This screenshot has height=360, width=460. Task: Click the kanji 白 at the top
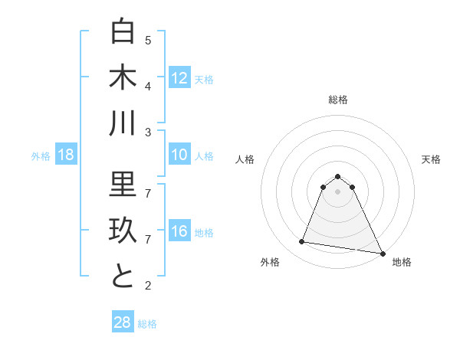click(x=123, y=31)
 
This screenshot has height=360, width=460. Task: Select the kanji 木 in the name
click(x=123, y=77)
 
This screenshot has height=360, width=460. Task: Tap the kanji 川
click(x=123, y=123)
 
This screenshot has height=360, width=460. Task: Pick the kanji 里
click(x=123, y=185)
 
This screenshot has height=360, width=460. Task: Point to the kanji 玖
click(x=123, y=231)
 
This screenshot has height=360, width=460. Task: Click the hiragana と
click(x=123, y=276)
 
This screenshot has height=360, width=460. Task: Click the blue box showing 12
click(x=179, y=78)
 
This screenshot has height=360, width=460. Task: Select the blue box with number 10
click(x=179, y=155)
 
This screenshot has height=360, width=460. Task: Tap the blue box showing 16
click(x=179, y=232)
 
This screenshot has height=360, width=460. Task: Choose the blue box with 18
click(x=66, y=155)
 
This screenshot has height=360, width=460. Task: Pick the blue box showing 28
click(x=123, y=322)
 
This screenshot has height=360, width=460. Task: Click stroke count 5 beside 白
click(x=148, y=40)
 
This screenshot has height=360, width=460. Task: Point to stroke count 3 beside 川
click(x=148, y=132)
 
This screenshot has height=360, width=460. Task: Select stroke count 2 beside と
click(x=148, y=286)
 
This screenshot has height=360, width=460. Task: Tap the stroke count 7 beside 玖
click(x=148, y=239)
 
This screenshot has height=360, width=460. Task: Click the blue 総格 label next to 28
click(x=147, y=324)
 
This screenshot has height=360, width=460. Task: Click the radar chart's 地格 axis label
click(x=402, y=263)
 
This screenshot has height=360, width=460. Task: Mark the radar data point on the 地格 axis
click(x=382, y=253)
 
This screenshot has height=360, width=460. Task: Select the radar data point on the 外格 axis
click(x=302, y=242)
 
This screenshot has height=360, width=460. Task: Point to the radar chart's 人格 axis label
click(x=245, y=159)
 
